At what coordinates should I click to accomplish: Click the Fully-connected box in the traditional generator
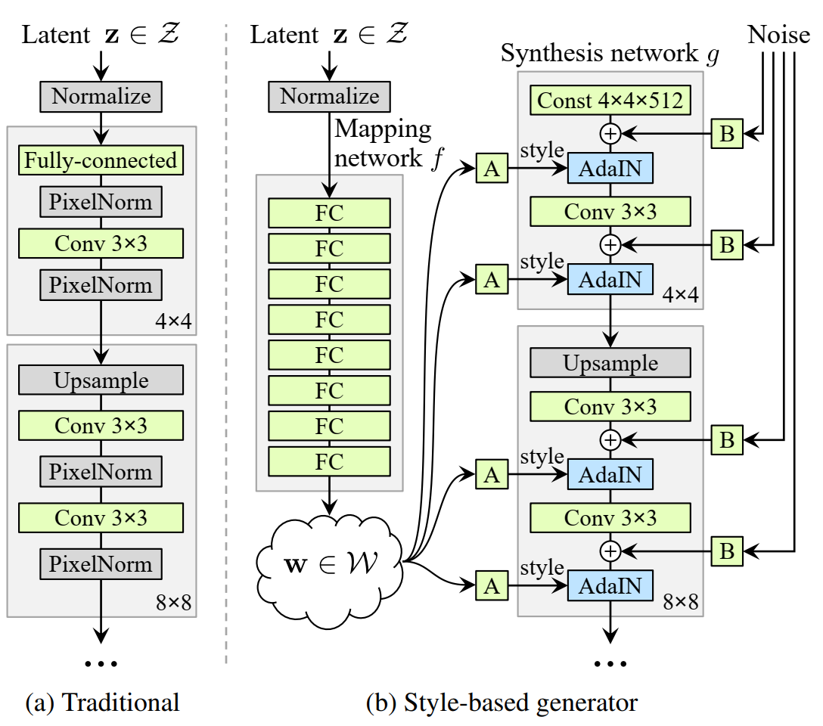(x=101, y=160)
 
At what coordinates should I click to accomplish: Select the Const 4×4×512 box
(x=610, y=101)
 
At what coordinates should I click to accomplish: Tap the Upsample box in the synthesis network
(x=610, y=363)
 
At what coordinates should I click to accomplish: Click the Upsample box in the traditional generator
(x=101, y=380)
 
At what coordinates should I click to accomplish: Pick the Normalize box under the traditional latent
(x=101, y=97)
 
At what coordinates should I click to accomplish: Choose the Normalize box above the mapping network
(x=329, y=97)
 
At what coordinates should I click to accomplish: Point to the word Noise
(x=778, y=35)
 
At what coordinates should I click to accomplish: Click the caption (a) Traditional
(x=103, y=703)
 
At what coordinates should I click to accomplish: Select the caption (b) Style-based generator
(x=502, y=703)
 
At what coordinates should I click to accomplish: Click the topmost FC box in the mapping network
(x=329, y=213)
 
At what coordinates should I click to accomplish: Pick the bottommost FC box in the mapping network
(x=329, y=461)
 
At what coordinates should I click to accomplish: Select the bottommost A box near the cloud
(x=492, y=585)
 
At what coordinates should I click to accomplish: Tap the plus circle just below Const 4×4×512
(x=610, y=134)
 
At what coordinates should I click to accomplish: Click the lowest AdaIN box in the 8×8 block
(x=610, y=585)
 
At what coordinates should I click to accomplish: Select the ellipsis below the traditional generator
(x=101, y=663)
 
